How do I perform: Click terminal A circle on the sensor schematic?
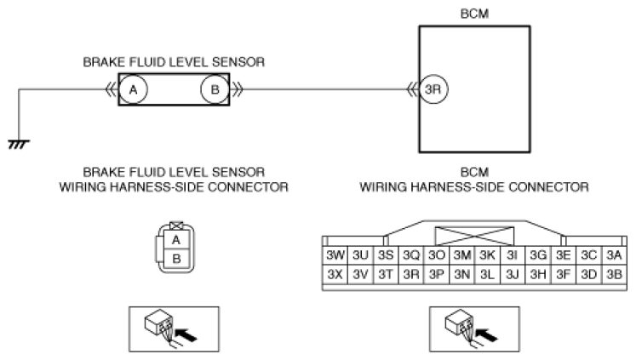tap(133, 89)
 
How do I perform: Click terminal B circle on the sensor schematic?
tap(215, 89)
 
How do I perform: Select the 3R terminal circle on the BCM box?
tap(433, 89)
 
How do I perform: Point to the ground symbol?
tap(19, 144)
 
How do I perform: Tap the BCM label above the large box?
tap(474, 14)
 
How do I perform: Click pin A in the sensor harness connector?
tap(176, 240)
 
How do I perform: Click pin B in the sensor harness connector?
tap(176, 258)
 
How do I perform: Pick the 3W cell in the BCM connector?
tap(335, 255)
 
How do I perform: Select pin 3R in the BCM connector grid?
tap(411, 274)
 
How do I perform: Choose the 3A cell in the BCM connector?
tap(614, 255)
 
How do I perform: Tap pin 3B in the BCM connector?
tap(614, 274)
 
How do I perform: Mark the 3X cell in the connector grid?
tap(335, 274)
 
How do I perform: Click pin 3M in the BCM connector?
tap(462, 255)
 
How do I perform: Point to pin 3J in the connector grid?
tap(513, 274)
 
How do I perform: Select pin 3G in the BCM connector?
tap(538, 255)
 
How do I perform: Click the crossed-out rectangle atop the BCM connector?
tap(474, 236)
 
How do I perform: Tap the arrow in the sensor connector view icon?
tap(186, 334)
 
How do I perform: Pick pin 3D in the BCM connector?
tap(588, 274)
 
